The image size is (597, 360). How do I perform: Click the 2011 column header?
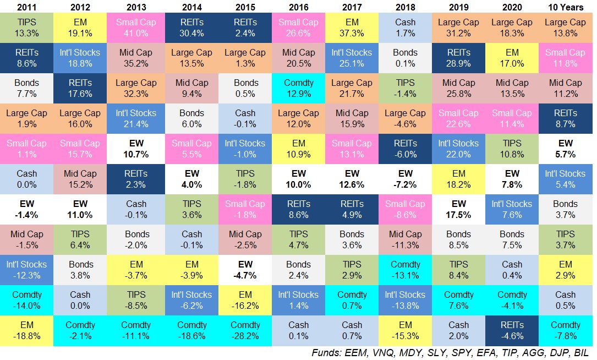[x=26, y=7]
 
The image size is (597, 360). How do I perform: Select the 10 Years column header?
[x=565, y=7]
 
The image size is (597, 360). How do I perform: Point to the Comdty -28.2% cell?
[x=245, y=330]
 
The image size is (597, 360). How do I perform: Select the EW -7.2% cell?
[x=405, y=179]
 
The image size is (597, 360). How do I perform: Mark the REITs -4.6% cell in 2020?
[x=512, y=330]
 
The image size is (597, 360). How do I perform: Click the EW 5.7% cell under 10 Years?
[x=565, y=149]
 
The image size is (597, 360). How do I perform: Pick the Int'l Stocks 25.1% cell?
[x=352, y=58]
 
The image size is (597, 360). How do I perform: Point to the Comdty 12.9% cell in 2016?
[x=299, y=89]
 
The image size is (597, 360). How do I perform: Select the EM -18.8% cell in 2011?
[x=26, y=330]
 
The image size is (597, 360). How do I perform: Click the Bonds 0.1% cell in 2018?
[x=405, y=58]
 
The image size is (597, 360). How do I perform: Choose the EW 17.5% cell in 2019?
[x=458, y=209]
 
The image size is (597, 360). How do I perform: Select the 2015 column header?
[x=245, y=7]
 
